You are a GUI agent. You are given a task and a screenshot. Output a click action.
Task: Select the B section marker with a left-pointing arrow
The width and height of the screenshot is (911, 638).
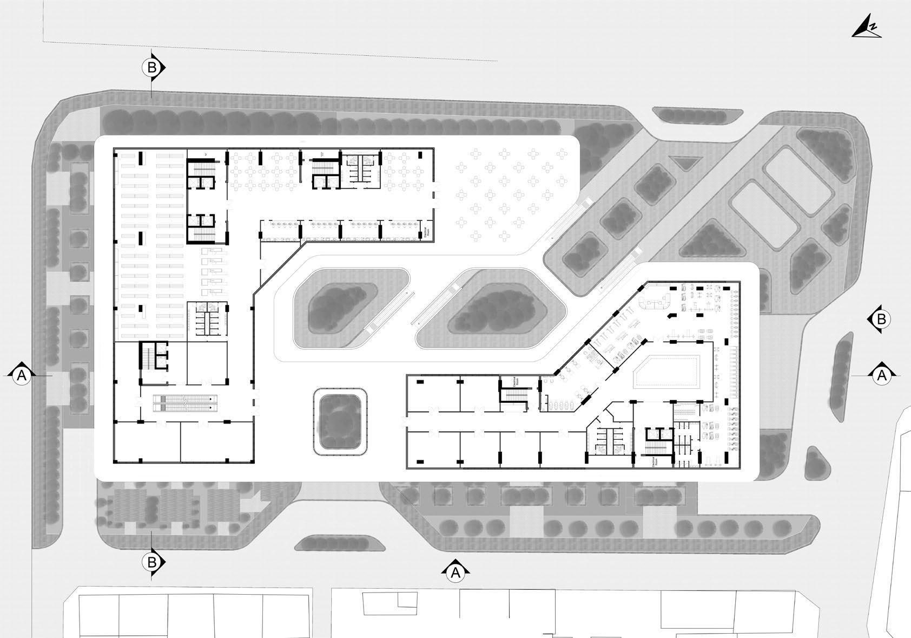coord(881,320)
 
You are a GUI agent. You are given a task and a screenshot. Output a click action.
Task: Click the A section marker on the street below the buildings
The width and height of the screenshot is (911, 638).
coord(455,572)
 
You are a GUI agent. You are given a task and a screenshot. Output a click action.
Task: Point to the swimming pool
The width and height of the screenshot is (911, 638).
coord(671,371)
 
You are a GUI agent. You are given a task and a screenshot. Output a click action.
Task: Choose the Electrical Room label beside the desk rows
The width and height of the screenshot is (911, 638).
coord(427,232)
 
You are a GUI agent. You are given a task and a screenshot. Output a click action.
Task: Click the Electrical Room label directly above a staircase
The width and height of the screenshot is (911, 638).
coord(509,382)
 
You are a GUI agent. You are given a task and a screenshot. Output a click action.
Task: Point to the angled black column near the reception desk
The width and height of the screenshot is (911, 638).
coord(672,315)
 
